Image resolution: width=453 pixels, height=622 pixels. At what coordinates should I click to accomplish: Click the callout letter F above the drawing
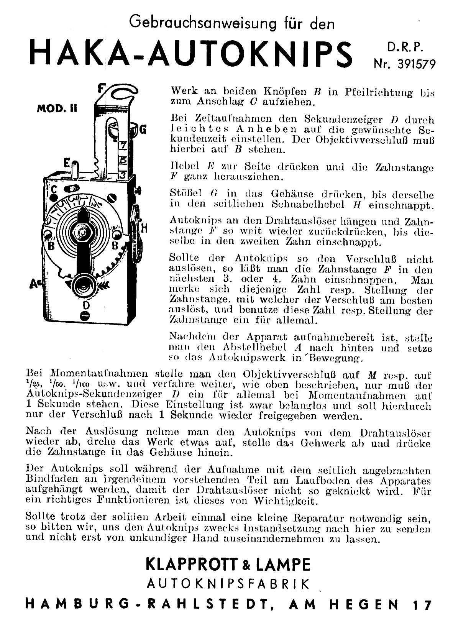point(100,89)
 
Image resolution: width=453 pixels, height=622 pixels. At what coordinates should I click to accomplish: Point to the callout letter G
point(142,130)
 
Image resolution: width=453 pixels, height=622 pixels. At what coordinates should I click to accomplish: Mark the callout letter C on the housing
point(54,189)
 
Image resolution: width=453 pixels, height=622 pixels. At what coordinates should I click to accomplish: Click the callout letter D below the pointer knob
point(86,305)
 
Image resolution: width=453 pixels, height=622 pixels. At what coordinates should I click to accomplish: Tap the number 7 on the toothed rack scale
point(123,146)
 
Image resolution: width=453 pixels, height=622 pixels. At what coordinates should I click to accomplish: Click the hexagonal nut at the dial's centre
point(82,233)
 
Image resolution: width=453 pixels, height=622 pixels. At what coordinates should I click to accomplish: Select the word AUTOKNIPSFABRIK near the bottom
point(228,584)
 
